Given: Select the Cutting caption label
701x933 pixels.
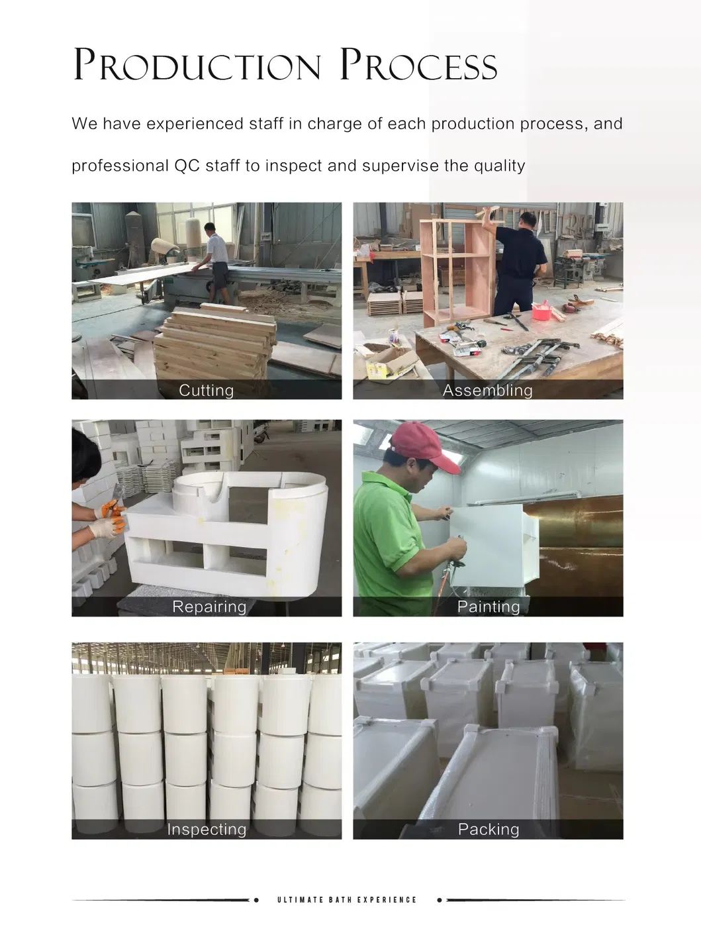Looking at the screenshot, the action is click(207, 390).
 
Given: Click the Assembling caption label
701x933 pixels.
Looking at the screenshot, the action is click(488, 390).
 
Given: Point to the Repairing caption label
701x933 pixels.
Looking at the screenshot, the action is click(209, 607).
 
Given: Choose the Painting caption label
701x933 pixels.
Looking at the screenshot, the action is click(489, 607).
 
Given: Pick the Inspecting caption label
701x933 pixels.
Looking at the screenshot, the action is click(207, 829).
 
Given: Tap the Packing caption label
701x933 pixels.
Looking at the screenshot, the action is click(489, 829).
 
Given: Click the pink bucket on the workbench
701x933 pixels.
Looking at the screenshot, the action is click(542, 311).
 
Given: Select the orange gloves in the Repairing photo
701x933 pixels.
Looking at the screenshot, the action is click(112, 516).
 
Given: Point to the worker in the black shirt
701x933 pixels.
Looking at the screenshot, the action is click(518, 264).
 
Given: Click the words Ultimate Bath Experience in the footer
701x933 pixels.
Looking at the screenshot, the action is click(347, 900).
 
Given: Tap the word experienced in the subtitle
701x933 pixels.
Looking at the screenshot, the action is click(195, 124).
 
